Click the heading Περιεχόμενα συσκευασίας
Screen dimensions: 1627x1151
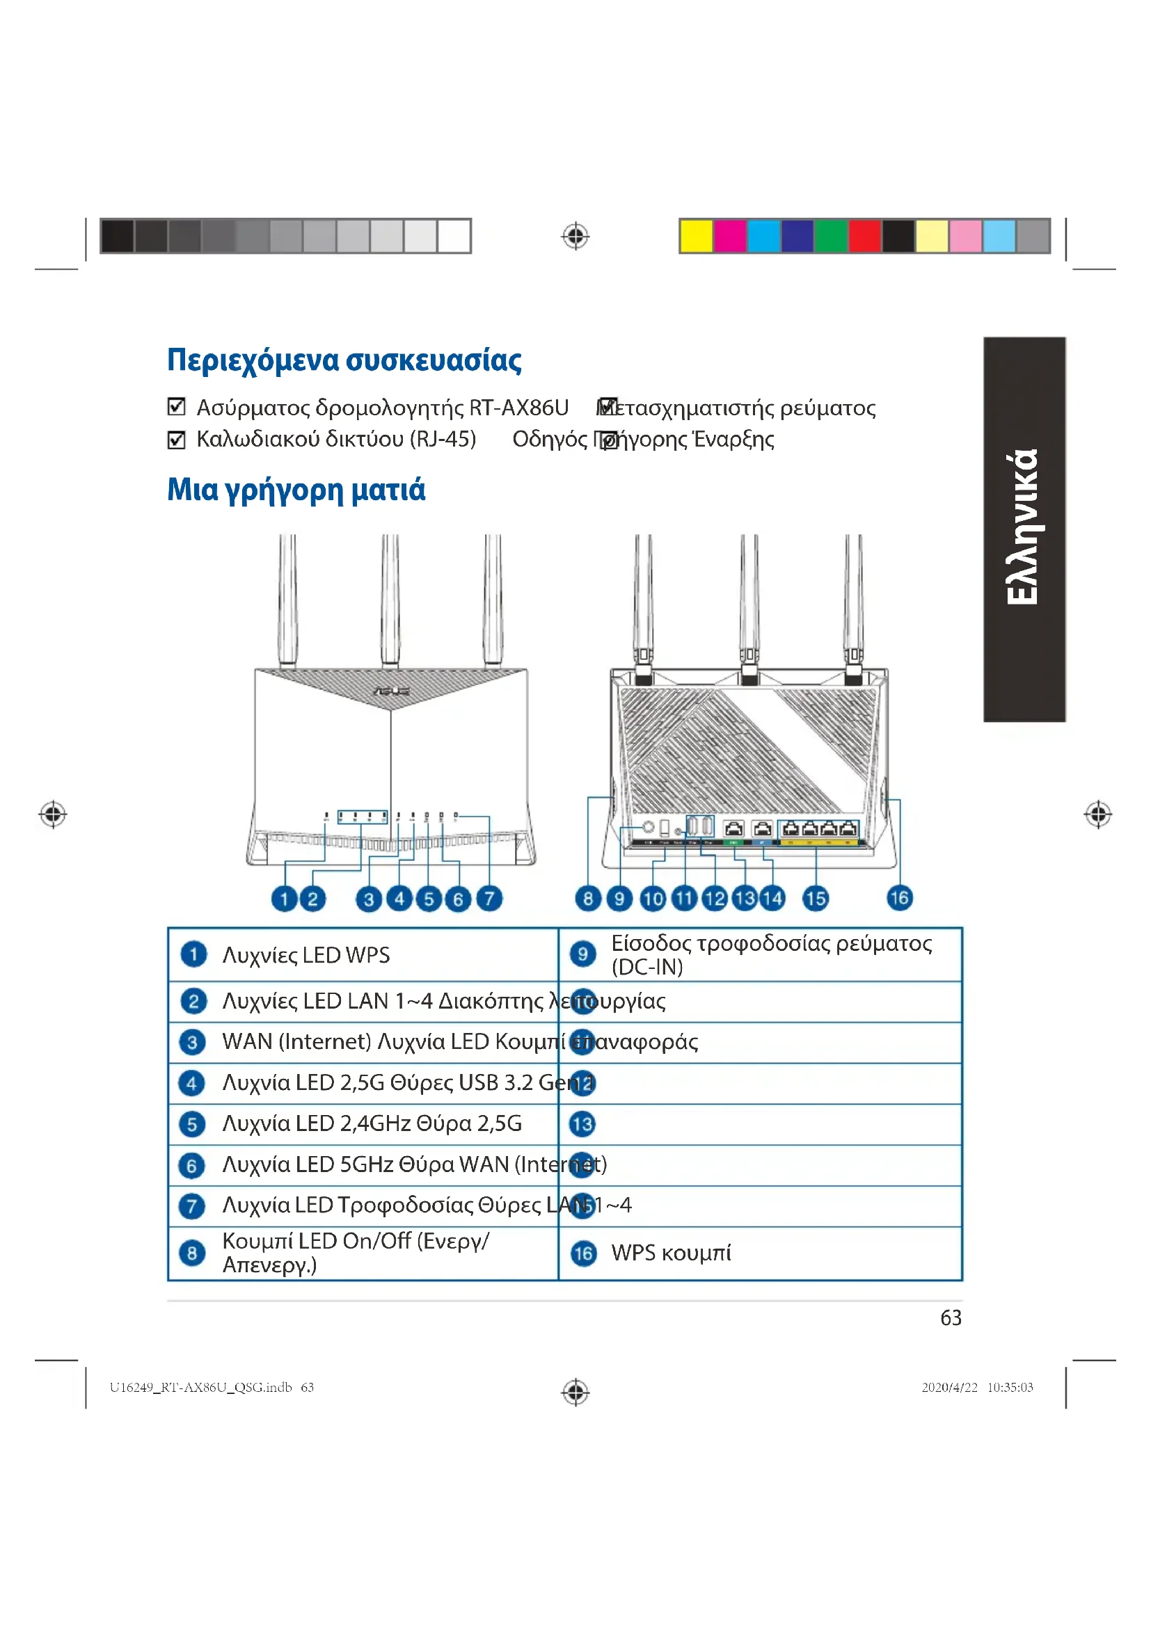(x=344, y=361)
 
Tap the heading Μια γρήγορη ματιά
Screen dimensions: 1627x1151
(x=296, y=490)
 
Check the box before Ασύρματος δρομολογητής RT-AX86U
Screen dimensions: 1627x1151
(x=177, y=407)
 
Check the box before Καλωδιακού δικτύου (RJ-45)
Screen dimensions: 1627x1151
(x=177, y=440)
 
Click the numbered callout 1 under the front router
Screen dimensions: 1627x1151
(x=284, y=899)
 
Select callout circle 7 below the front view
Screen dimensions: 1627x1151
(x=489, y=899)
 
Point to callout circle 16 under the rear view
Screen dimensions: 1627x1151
(x=899, y=898)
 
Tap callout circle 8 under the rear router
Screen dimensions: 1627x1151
(x=588, y=899)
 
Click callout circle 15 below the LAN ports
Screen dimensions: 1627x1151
(x=815, y=899)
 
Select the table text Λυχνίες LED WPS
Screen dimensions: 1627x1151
(x=306, y=955)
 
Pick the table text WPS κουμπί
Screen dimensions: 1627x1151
(x=670, y=1253)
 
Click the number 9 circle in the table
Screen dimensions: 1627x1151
(x=582, y=954)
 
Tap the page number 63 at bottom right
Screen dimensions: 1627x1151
(x=951, y=1318)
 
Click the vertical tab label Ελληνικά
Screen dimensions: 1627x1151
(x=1024, y=529)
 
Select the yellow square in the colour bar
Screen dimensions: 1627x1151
(x=696, y=236)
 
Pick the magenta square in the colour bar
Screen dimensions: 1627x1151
(x=730, y=236)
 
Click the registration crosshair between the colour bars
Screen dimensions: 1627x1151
(x=575, y=236)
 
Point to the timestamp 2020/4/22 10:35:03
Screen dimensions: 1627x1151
(x=976, y=1388)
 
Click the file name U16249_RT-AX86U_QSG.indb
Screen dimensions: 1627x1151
(x=200, y=1388)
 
